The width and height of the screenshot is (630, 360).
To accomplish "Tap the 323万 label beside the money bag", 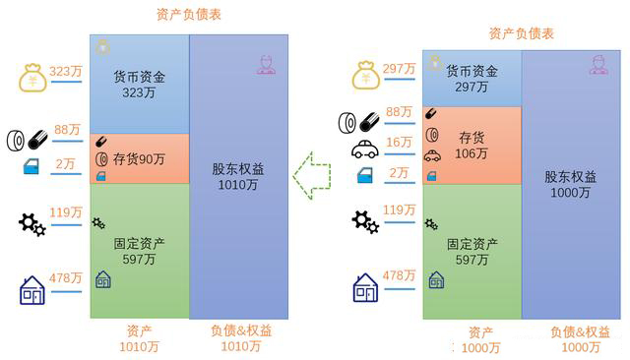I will click(66, 72).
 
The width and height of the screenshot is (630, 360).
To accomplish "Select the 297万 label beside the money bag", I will click(400, 68).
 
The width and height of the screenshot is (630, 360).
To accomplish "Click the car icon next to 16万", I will click(364, 149).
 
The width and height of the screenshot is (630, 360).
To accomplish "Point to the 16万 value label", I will click(399, 143).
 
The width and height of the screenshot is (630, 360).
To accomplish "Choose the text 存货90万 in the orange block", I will click(139, 158).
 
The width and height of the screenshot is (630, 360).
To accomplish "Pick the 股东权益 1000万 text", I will click(571, 184).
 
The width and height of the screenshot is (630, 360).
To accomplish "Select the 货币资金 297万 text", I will click(472, 79).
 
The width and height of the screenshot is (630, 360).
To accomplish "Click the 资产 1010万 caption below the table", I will click(139, 337).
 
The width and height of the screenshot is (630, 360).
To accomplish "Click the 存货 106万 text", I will click(472, 145).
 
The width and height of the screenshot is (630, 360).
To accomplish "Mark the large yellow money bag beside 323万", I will click(31, 78).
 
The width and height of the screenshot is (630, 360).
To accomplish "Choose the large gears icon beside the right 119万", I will click(364, 221).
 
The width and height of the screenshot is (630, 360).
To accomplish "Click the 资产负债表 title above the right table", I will click(522, 33).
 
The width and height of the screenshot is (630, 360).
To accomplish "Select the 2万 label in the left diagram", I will click(67, 163).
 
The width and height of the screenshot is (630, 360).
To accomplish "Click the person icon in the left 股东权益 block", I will click(263, 66).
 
